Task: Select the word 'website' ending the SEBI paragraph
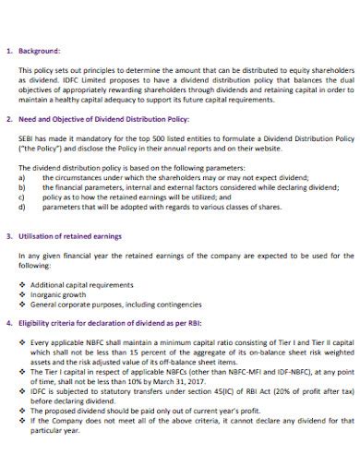[x=261, y=147]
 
